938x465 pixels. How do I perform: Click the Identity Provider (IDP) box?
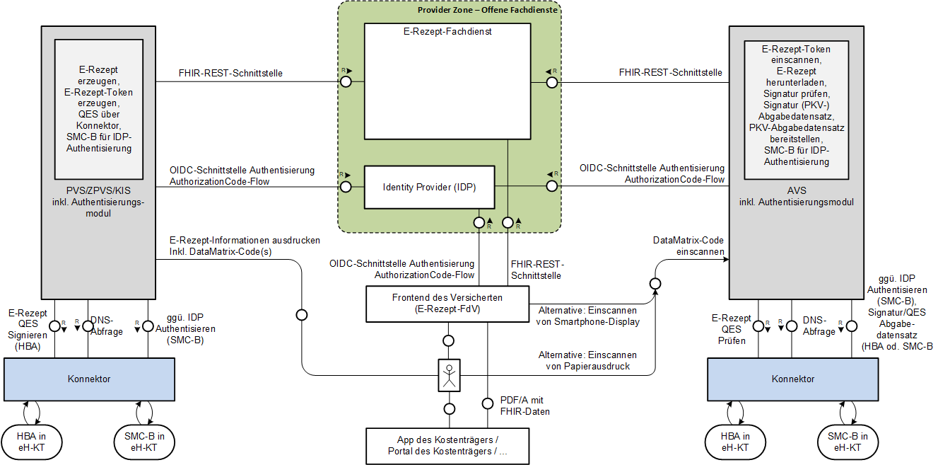pos(429,188)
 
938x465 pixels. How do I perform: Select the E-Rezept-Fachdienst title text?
pos(447,31)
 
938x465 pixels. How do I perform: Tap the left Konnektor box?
pos(89,379)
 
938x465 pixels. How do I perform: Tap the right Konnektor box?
pos(792,379)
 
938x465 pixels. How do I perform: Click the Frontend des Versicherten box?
pos(447,304)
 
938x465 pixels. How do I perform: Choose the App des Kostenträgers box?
pos(447,446)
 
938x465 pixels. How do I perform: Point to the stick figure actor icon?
pos(450,375)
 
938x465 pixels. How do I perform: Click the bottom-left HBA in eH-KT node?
pos(32,442)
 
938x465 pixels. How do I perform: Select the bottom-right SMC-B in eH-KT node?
pos(848,442)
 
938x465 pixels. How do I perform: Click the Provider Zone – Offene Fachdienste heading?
pos(488,10)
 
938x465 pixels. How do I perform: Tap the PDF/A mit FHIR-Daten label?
pos(524,406)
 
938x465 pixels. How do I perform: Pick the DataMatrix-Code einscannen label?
pos(688,246)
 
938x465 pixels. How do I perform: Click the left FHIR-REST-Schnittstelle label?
pos(230,73)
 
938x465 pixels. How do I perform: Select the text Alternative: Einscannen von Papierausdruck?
pos(587,360)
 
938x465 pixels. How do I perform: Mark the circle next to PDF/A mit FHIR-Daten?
pos(488,403)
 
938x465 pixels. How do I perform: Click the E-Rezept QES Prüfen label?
pos(732,329)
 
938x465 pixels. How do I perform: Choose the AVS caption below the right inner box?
pos(796,196)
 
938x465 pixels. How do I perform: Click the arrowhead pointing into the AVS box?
pos(726,260)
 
